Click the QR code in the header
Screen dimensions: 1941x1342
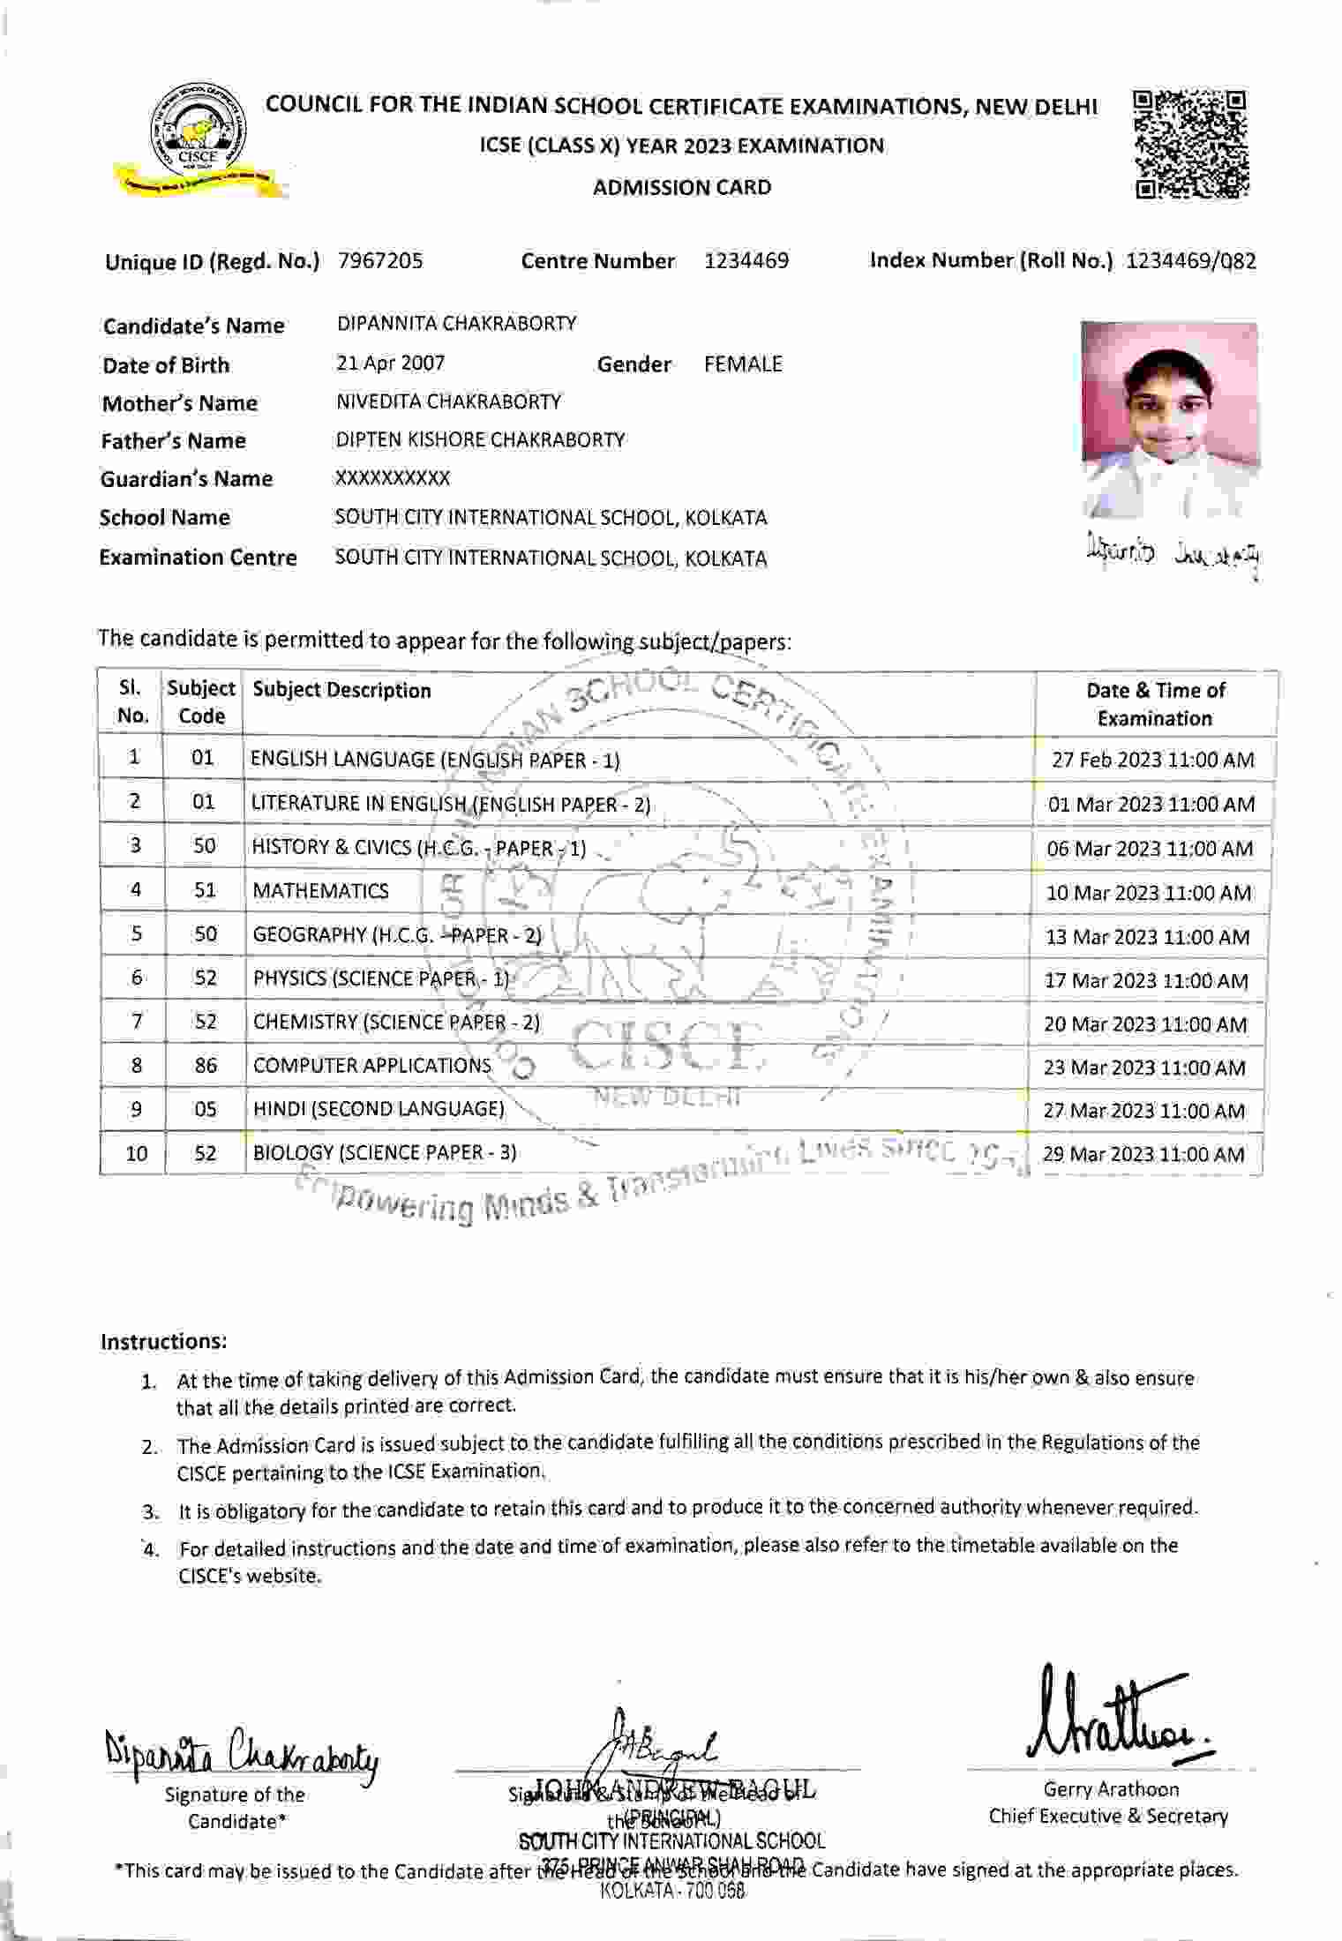tap(1191, 143)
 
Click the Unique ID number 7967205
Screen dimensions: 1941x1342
tap(380, 261)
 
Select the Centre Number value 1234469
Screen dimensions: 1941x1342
tap(746, 261)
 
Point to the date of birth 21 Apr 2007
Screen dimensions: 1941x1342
tap(390, 363)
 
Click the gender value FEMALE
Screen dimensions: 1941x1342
tap(743, 364)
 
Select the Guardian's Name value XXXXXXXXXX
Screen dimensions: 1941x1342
tap(392, 479)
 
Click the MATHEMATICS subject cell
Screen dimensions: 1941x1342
tap(320, 891)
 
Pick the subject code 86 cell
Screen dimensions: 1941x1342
tap(205, 1066)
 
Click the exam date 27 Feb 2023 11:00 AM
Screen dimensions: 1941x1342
tap(1152, 761)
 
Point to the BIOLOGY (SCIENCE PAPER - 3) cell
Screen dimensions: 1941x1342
tap(385, 1153)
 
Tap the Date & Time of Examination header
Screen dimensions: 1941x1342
tap(1155, 704)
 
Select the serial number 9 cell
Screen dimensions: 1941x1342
tap(136, 1109)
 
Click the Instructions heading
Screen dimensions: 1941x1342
tap(164, 1342)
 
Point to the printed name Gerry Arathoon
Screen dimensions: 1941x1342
tap(1111, 1789)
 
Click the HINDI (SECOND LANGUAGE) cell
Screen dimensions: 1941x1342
tap(379, 1109)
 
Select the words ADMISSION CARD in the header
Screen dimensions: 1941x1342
tap(682, 188)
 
